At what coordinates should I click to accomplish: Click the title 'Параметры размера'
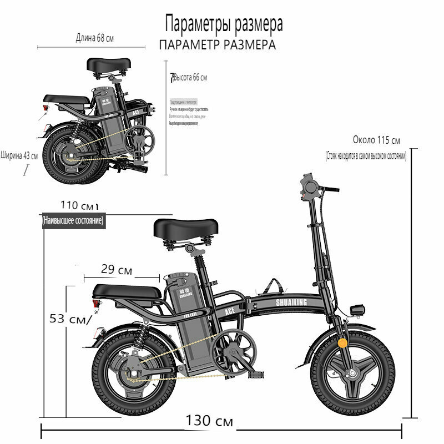224,24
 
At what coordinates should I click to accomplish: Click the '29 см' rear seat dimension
117,270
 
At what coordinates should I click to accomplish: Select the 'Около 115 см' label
376,140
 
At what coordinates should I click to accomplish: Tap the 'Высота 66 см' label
189,78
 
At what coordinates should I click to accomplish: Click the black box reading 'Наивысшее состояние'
73,221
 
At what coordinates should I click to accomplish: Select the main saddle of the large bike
186,228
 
